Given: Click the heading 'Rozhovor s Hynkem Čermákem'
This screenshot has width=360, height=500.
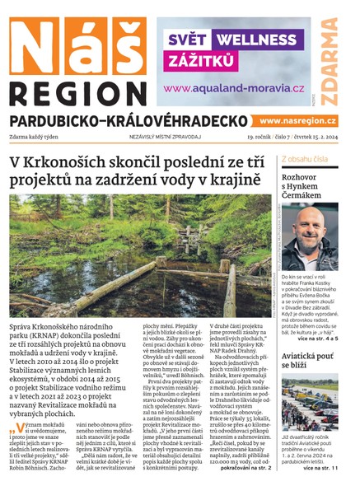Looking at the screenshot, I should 306,187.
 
